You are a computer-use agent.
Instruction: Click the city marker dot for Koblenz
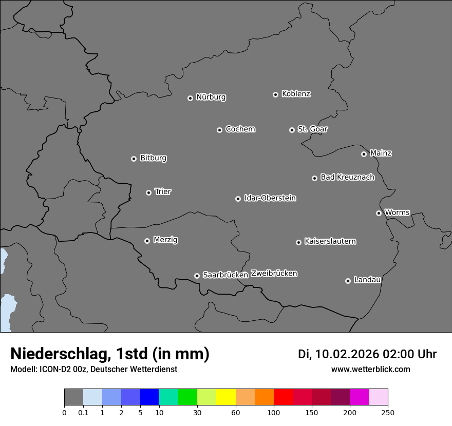click(275, 94)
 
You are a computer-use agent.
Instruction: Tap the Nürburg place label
click(211, 97)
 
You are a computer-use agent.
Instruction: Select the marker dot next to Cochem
click(219, 130)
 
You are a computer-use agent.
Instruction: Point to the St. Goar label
click(312, 129)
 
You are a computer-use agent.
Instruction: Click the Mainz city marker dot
click(364, 154)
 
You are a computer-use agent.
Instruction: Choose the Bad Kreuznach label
click(347, 178)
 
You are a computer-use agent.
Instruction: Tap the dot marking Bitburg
click(134, 159)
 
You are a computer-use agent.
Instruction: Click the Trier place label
click(163, 192)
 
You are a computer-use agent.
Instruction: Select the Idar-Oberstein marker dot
click(238, 199)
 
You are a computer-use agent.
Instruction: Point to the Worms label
click(397, 212)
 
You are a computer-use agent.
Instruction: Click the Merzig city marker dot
click(147, 241)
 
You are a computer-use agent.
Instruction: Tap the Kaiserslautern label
click(330, 241)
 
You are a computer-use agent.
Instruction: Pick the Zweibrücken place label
click(274, 274)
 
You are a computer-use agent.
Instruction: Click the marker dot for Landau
click(348, 281)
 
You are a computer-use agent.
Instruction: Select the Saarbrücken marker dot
click(197, 276)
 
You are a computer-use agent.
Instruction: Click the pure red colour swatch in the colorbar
click(283, 397)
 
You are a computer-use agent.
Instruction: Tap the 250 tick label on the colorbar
click(388, 413)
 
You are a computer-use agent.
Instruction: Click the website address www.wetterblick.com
click(370, 370)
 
